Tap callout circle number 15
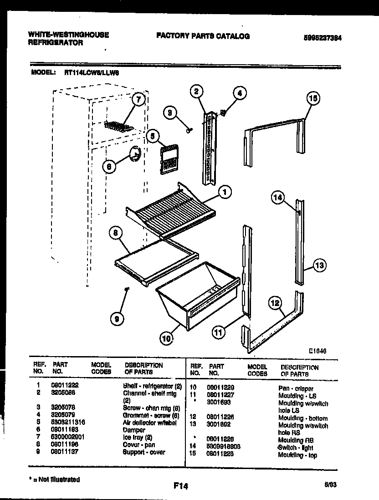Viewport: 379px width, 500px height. [313, 98]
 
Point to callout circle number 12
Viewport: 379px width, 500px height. [274, 301]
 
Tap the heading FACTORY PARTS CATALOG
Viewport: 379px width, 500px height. [203, 36]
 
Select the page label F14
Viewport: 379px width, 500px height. [181, 486]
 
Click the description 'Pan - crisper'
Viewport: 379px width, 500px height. [296, 388]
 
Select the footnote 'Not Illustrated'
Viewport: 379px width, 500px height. [56, 480]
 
